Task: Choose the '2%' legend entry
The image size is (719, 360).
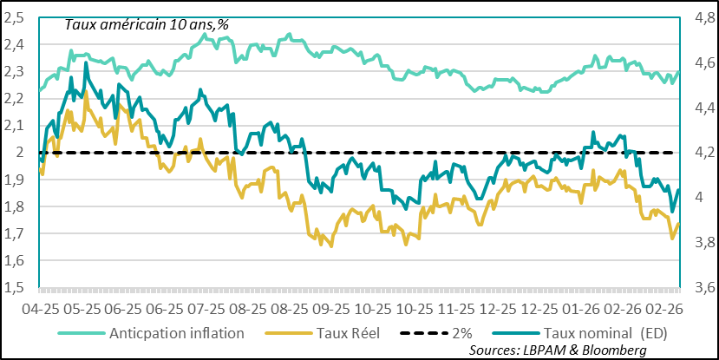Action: coord(459,333)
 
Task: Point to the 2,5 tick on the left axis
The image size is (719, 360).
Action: coord(16,17)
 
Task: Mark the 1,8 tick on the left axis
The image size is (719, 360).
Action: coord(16,206)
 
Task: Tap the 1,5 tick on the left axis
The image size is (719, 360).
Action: coord(16,287)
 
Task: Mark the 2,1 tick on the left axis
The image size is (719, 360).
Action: coord(16,126)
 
